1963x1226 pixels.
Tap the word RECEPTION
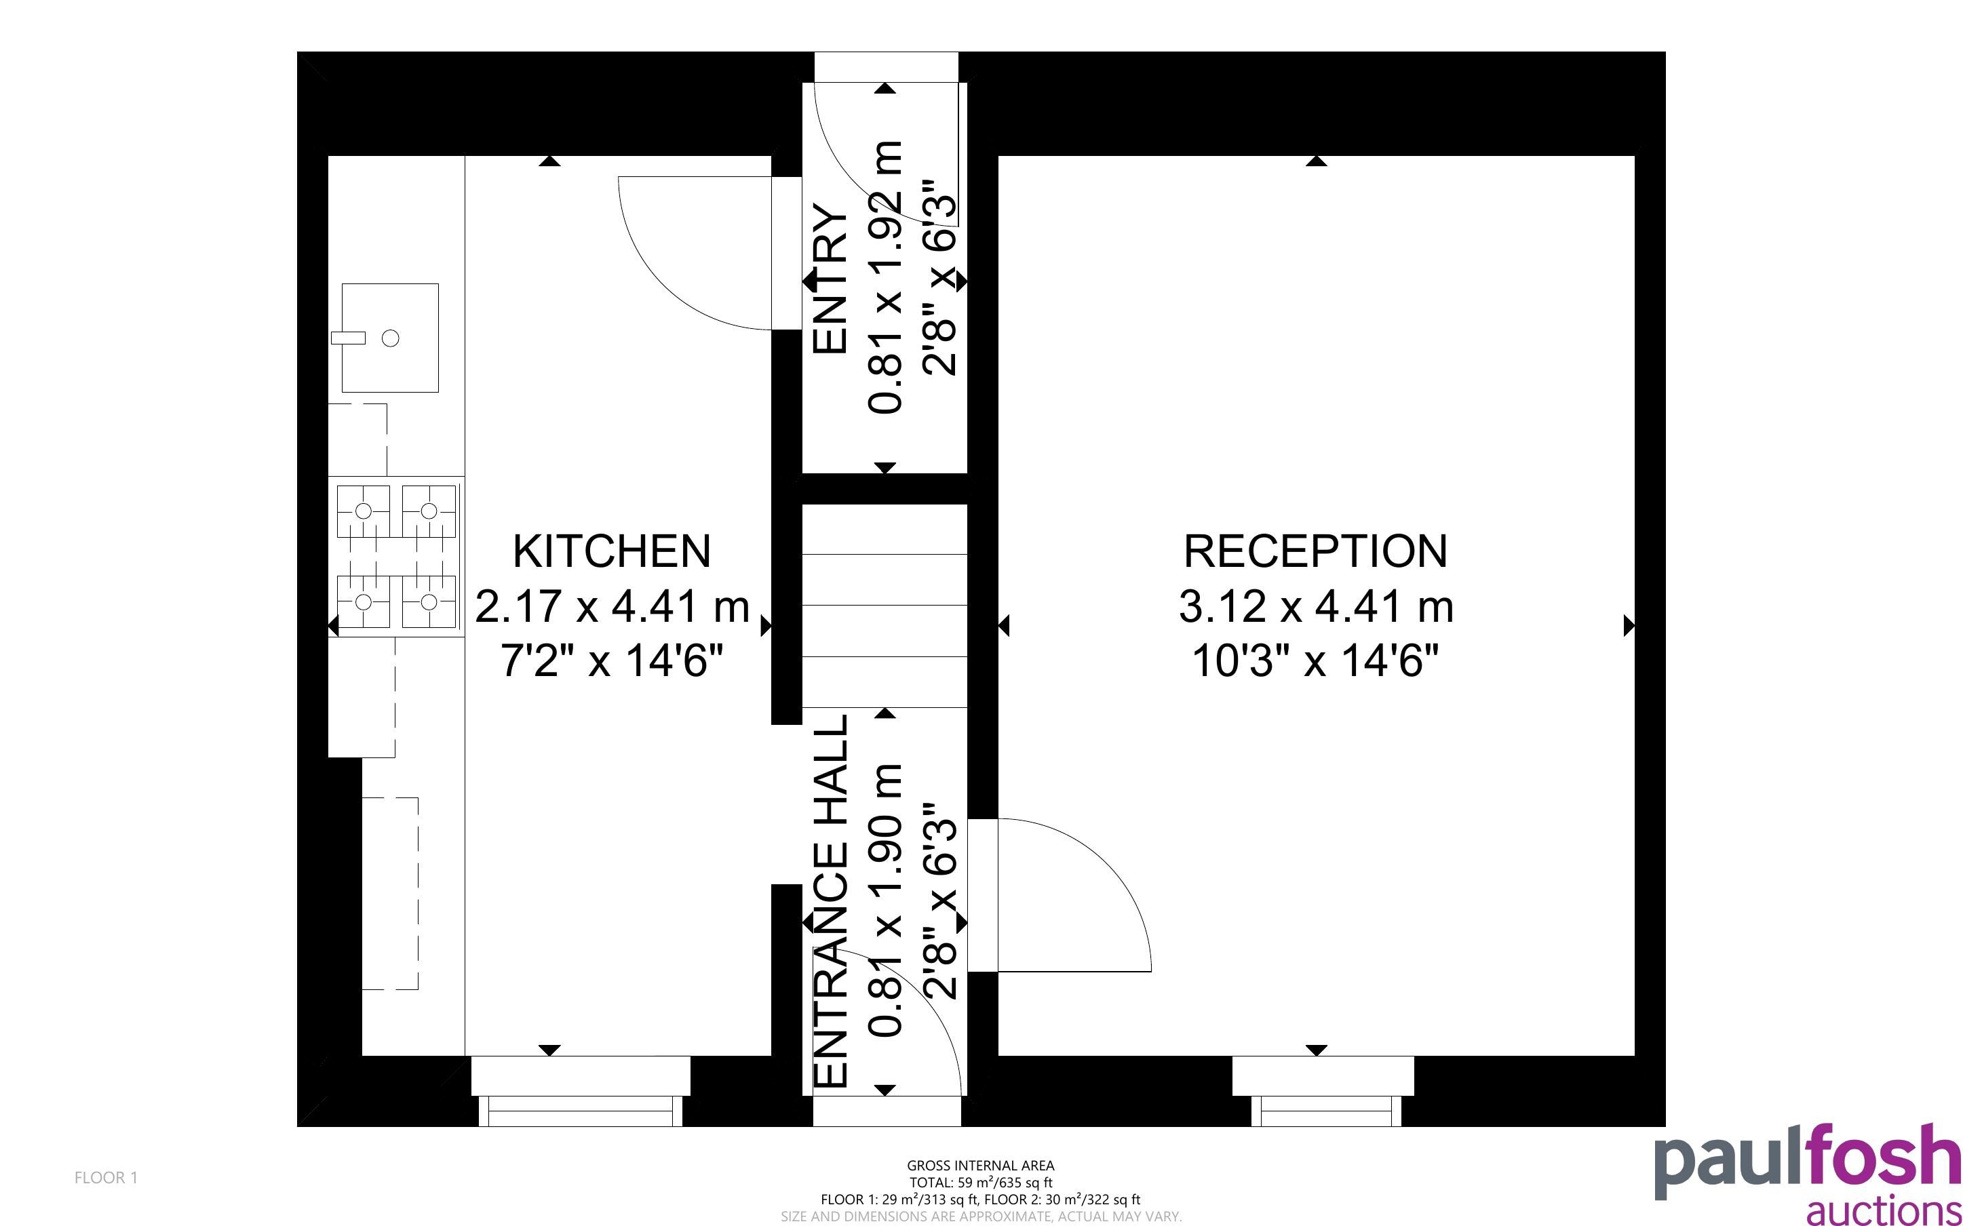click(1315, 551)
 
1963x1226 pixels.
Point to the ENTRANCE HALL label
click(830, 901)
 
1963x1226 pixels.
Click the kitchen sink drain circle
click(390, 338)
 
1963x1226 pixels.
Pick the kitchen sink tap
click(348, 338)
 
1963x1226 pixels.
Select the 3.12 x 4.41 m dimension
click(1315, 606)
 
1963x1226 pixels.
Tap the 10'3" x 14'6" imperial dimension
click(1315, 661)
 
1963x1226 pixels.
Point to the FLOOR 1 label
click(106, 1177)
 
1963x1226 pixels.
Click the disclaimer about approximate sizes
click(980, 1217)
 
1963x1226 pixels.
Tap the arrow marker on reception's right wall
click(1629, 625)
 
